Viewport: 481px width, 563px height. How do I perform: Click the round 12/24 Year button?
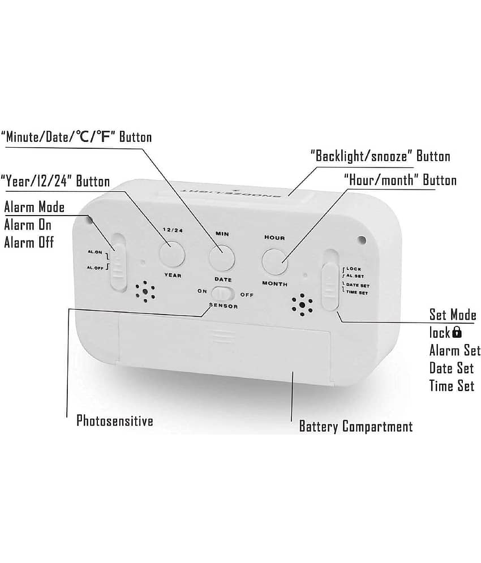click(x=172, y=254)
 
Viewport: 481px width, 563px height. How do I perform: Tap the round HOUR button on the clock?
click(x=275, y=261)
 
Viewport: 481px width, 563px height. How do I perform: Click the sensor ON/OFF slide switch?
click(x=223, y=294)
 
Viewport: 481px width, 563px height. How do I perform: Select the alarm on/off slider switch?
click(x=118, y=262)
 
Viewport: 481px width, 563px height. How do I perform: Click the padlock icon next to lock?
click(x=457, y=332)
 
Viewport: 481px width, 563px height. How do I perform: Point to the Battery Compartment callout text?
click(x=356, y=427)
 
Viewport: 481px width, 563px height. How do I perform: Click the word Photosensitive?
click(x=115, y=420)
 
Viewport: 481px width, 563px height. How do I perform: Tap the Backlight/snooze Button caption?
click(x=380, y=156)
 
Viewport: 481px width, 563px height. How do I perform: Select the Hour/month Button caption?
click(x=400, y=180)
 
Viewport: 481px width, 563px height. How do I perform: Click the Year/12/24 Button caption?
click(x=55, y=181)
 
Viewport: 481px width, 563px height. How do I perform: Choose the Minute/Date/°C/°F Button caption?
click(x=76, y=137)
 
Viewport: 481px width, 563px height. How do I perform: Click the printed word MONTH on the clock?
click(x=275, y=283)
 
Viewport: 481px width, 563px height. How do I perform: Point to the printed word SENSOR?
click(x=224, y=306)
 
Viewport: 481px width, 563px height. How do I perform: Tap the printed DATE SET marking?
click(x=358, y=285)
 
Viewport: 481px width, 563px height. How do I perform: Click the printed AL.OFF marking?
click(x=95, y=268)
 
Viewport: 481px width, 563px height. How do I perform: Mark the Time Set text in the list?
click(x=452, y=386)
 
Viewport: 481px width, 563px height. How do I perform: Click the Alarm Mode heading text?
click(x=35, y=207)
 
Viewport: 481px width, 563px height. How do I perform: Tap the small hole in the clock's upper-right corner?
click(x=362, y=239)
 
